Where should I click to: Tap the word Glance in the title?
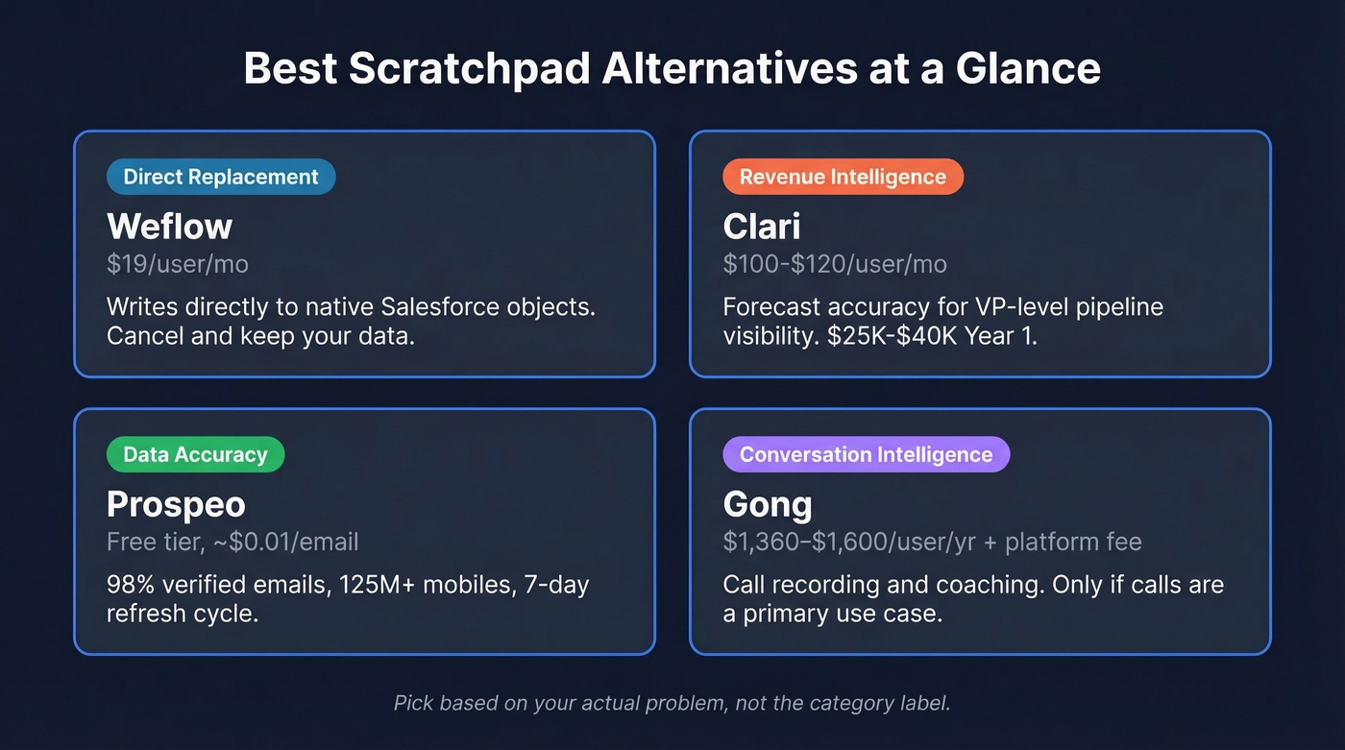pyautogui.click(x=1027, y=69)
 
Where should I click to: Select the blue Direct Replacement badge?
pyautogui.click(x=221, y=177)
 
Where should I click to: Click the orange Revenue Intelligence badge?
pyautogui.click(x=843, y=177)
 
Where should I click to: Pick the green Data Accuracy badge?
pyautogui.click(x=195, y=454)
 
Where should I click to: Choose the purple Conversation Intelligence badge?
pyautogui.click(x=866, y=454)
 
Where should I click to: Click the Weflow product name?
pyautogui.click(x=169, y=227)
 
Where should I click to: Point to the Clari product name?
pyautogui.click(x=761, y=227)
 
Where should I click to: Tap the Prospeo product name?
pyautogui.click(x=176, y=504)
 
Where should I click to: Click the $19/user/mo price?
pyautogui.click(x=178, y=264)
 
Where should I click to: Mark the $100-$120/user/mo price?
pyautogui.click(x=835, y=264)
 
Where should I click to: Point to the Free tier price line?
pyautogui.click(x=232, y=542)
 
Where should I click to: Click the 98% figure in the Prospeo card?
pyautogui.click(x=131, y=585)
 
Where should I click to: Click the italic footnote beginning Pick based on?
pyautogui.click(x=672, y=703)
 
